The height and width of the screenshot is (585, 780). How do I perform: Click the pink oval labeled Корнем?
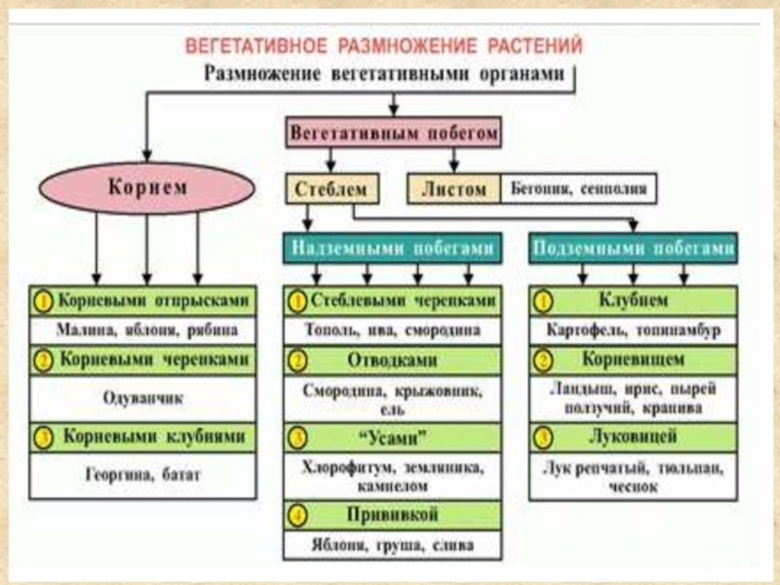click(146, 186)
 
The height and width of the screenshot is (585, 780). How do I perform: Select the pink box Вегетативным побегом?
click(395, 132)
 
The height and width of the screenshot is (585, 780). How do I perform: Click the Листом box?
click(453, 188)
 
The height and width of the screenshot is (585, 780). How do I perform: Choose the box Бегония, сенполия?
click(577, 188)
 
